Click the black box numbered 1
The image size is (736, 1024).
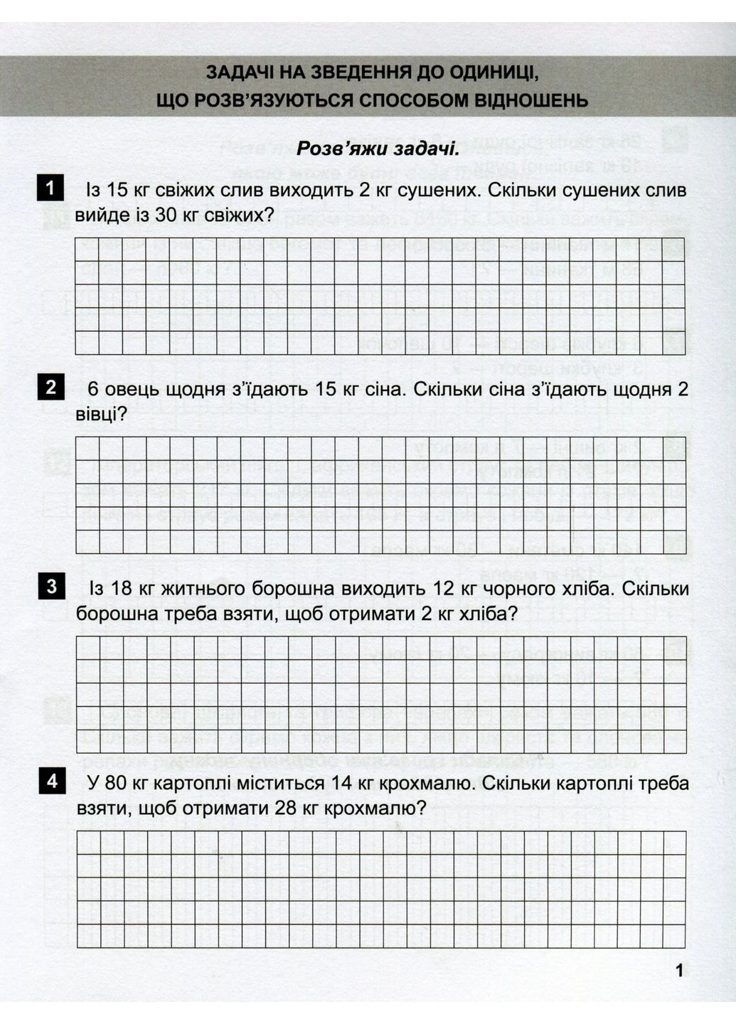[x=50, y=188]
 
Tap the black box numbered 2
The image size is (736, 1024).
[x=50, y=388]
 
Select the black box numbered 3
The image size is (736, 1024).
[x=50, y=587]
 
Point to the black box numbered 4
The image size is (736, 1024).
[x=50, y=782]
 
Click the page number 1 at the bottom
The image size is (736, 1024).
[x=679, y=970]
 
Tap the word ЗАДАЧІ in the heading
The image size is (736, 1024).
[x=239, y=73]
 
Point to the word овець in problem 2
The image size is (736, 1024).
[x=132, y=390]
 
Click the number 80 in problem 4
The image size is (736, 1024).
[x=117, y=784]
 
